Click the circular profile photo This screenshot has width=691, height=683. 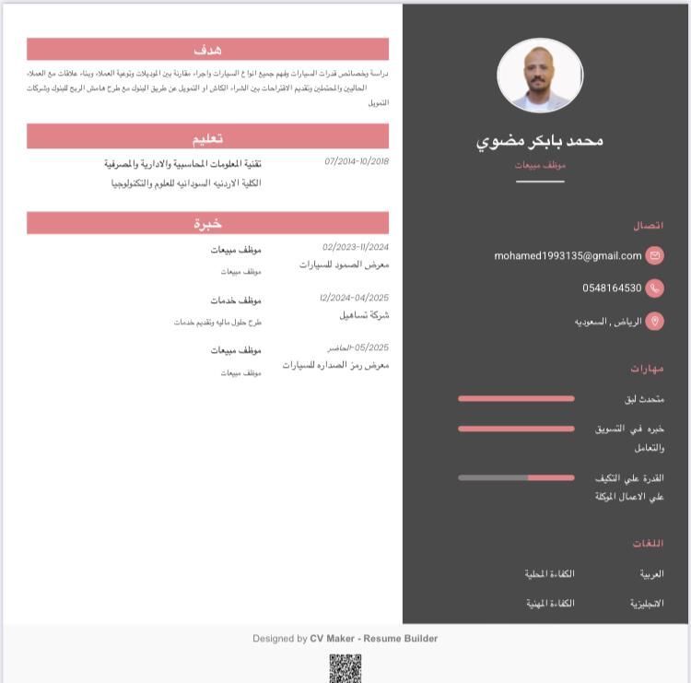coord(540,76)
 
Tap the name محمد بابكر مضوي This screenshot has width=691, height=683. coord(540,140)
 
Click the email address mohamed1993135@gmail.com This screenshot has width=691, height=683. coord(568,255)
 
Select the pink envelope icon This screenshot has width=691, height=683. coord(655,255)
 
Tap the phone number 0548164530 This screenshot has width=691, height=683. coord(612,289)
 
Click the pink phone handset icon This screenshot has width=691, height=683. coord(655,289)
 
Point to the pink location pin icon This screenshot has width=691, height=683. coord(655,321)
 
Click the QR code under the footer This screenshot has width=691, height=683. coord(345,668)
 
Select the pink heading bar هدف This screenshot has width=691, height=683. coord(207,49)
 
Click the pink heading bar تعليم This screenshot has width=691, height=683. coord(207,137)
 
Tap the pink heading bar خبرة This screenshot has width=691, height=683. coord(207,223)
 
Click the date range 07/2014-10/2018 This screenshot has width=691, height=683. coord(357,161)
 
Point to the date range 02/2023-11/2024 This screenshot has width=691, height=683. coord(356,247)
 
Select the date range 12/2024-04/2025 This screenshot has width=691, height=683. coord(355,298)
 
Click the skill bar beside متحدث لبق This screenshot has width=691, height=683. coord(516,399)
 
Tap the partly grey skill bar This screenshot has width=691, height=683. coord(516,477)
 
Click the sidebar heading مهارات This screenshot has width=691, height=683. coord(647,368)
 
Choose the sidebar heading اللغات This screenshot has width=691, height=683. coord(648,544)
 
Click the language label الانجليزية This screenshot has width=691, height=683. coord(647,604)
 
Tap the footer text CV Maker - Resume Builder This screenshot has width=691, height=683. coord(373,638)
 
